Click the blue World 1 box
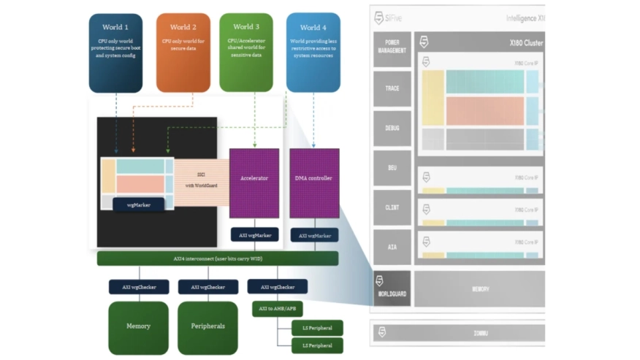115,52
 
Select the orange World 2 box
183,52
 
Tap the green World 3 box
246,52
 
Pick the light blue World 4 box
313,52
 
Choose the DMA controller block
313,183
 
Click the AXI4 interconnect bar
217,258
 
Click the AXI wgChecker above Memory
139,287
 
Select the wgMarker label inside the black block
138,205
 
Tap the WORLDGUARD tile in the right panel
392,289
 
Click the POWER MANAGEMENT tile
392,47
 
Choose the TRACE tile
392,88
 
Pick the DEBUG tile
392,129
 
